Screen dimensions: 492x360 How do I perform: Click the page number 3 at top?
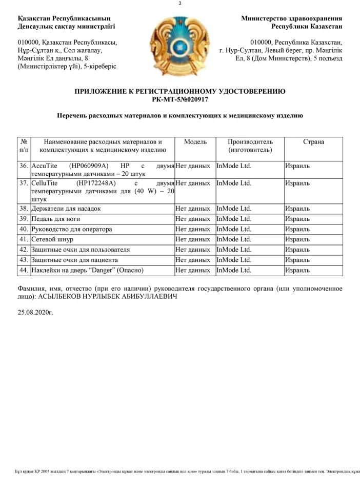[x=180, y=4]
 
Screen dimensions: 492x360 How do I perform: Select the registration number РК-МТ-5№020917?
[x=180, y=99]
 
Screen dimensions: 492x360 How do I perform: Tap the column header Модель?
[x=195, y=141]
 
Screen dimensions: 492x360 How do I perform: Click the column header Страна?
[x=313, y=141]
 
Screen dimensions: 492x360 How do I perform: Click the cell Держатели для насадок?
[x=66, y=209]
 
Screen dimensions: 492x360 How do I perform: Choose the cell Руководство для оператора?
[x=72, y=229]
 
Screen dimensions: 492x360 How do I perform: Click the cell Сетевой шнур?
[x=52, y=239]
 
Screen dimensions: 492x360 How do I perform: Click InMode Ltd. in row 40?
[x=234, y=229]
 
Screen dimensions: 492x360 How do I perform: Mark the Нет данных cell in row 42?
[x=193, y=250]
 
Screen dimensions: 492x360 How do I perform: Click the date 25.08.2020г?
[x=35, y=311]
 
